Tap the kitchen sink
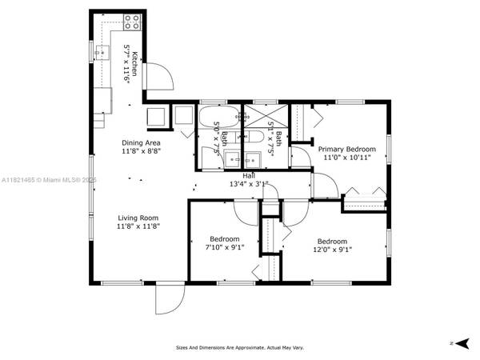coord(102,53)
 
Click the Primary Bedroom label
coord(347,149)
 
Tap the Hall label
coord(250,174)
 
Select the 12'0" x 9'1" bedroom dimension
coord(333,249)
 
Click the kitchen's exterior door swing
coord(160,77)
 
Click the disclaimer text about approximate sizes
coord(240,348)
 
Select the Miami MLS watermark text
coord(48,179)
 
